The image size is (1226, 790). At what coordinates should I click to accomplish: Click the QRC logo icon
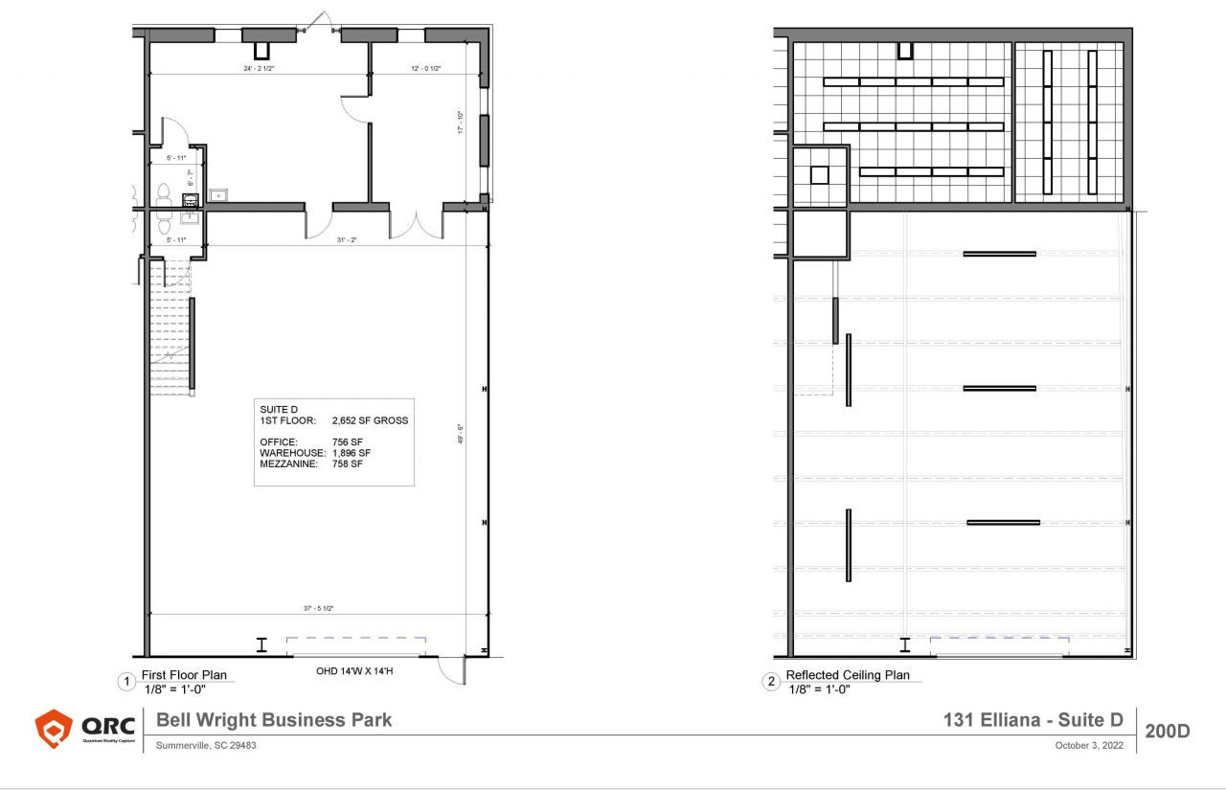(x=54, y=730)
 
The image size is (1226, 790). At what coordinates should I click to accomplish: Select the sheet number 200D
(x=1167, y=732)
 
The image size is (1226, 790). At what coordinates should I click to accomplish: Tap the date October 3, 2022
(x=1088, y=745)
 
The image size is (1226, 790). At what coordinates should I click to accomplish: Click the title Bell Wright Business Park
(x=274, y=720)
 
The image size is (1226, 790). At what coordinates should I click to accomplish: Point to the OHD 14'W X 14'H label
(x=354, y=671)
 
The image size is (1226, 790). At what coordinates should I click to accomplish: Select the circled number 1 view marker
(x=125, y=682)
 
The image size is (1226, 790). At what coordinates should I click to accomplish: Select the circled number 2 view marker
(x=771, y=682)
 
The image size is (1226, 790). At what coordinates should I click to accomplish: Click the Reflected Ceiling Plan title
(x=848, y=675)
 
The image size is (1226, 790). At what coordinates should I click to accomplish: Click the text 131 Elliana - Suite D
(x=1033, y=720)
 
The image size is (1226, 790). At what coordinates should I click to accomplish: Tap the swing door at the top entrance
(x=321, y=23)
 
